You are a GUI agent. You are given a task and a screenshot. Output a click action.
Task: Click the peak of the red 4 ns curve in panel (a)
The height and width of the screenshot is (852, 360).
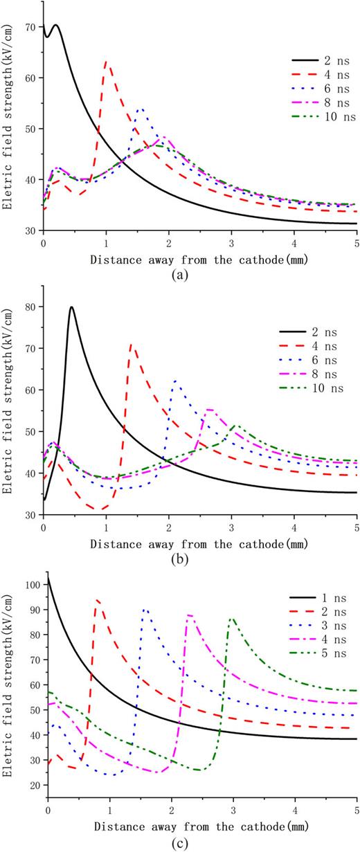coord(105,62)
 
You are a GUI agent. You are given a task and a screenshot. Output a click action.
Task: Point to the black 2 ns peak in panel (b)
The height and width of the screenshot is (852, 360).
coord(71,307)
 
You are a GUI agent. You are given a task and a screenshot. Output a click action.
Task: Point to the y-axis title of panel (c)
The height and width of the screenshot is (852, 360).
coord(8,682)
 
